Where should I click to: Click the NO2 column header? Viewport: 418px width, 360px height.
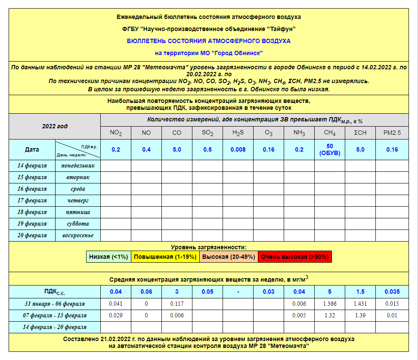click(x=116, y=133)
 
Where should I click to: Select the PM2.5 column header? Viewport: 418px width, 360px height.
click(x=392, y=133)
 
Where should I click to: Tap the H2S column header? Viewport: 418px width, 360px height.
click(x=238, y=133)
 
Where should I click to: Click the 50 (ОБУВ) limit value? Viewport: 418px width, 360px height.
click(x=330, y=149)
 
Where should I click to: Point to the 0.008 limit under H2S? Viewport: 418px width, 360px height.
click(x=238, y=149)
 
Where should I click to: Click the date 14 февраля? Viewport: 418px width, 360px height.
click(x=32, y=166)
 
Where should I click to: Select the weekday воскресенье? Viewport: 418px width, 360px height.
click(x=77, y=236)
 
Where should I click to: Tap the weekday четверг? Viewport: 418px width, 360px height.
click(x=77, y=201)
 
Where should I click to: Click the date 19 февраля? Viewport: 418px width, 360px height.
click(x=32, y=224)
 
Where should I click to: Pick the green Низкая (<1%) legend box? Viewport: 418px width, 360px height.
click(x=108, y=257)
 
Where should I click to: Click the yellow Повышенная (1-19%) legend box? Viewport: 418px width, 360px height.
click(x=165, y=257)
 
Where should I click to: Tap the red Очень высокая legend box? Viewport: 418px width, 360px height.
click(x=295, y=257)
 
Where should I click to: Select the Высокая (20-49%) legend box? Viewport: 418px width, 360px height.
click(x=229, y=257)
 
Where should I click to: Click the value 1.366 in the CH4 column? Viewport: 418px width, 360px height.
click(x=330, y=304)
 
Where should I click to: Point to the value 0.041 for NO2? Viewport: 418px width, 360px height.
click(x=116, y=304)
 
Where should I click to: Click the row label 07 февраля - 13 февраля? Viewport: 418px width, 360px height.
click(x=55, y=316)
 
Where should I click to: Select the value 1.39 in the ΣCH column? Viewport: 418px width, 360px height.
click(x=360, y=316)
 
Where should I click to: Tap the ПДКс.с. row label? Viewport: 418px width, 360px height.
click(x=55, y=292)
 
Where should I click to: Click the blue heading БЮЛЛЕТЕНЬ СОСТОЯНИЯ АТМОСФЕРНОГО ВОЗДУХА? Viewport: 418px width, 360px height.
click(x=209, y=41)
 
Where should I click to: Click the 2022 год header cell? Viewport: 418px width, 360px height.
click(x=55, y=127)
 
